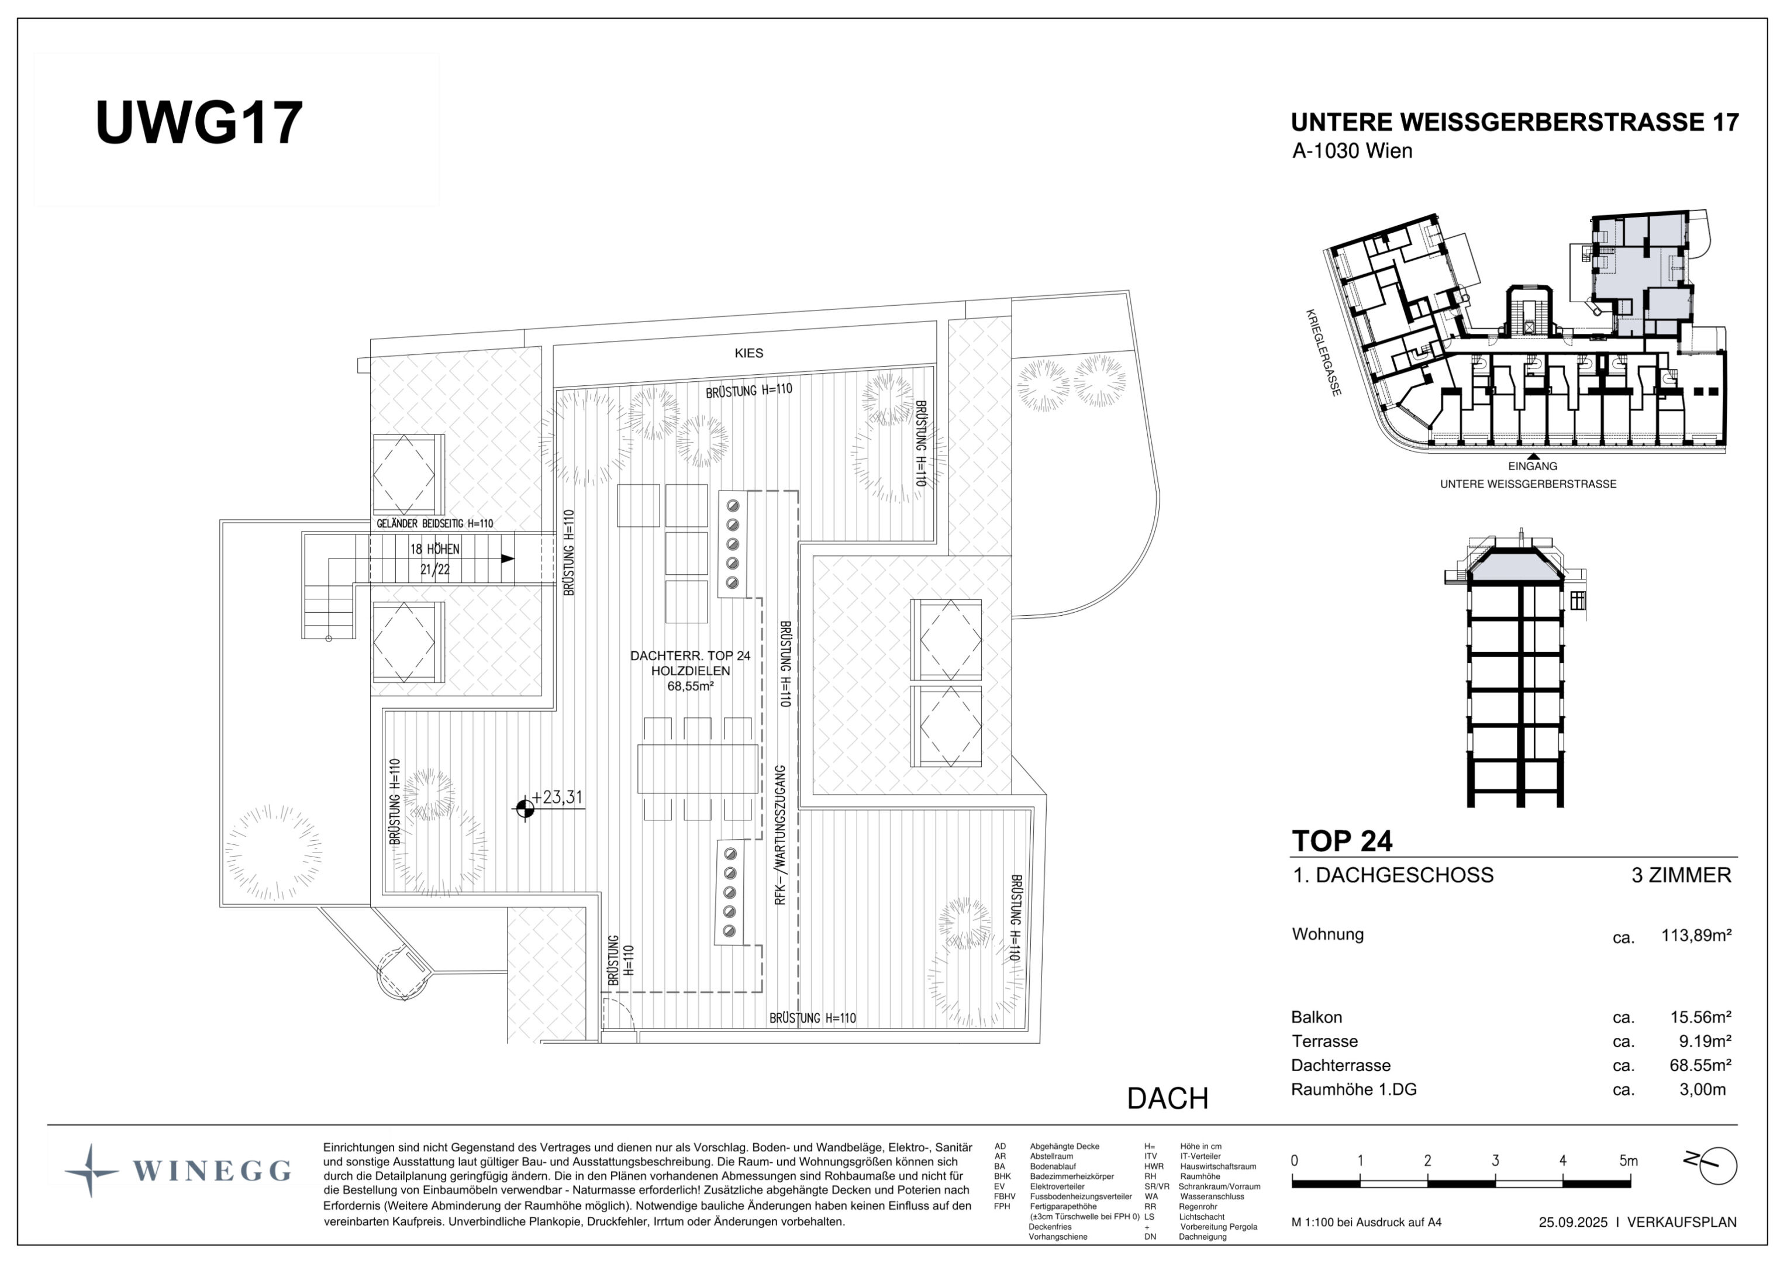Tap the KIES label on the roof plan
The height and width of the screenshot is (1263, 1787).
pos(748,353)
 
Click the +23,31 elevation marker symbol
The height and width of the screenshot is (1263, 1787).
pos(525,809)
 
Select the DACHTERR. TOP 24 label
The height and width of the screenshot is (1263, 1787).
pos(691,656)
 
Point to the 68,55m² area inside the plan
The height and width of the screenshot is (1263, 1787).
pos(691,686)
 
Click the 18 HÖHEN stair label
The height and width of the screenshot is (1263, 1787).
pos(435,550)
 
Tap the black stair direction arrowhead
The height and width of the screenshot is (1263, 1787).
pos(508,559)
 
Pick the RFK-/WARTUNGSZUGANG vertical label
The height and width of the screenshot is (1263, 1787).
pos(781,834)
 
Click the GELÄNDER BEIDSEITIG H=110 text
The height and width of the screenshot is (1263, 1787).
pos(435,524)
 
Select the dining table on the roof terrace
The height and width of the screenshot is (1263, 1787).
pos(698,769)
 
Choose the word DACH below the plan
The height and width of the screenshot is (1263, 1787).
pos(1168,1099)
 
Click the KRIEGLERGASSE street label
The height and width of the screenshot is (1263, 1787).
pos(1324,353)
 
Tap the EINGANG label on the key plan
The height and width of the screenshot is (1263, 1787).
pos(1533,466)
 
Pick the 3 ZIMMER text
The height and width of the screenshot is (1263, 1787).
pos(1681,875)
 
